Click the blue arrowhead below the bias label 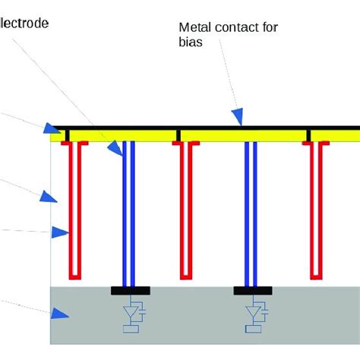[238, 116]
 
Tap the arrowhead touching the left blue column [115, 148]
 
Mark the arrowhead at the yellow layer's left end [51, 130]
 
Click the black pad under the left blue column [130, 290]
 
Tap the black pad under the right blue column [253, 290]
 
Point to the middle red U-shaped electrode [186, 213]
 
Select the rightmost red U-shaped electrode [317, 213]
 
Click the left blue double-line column [129, 213]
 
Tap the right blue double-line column [252, 213]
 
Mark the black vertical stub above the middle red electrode [178, 135]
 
